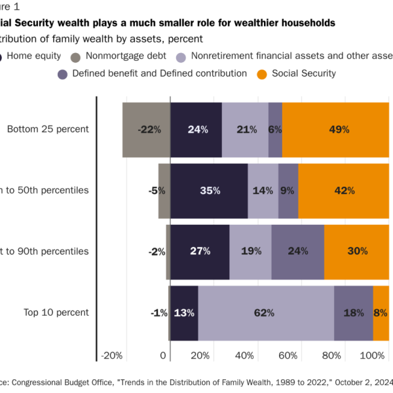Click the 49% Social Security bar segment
click(x=335, y=130)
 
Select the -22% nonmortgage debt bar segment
click(x=146, y=130)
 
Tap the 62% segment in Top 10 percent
click(x=265, y=313)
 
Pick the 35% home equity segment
click(x=208, y=191)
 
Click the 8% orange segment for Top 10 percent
click(x=381, y=313)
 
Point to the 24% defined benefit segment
click(x=297, y=252)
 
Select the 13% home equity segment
click(x=184, y=313)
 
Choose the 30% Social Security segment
click(x=356, y=252)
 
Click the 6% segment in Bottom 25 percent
click(x=275, y=130)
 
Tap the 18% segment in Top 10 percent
click(x=353, y=313)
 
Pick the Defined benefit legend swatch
click(x=63, y=74)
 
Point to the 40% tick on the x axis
click(x=244, y=356)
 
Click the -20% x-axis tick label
click(x=111, y=356)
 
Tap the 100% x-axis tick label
click(x=374, y=356)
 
